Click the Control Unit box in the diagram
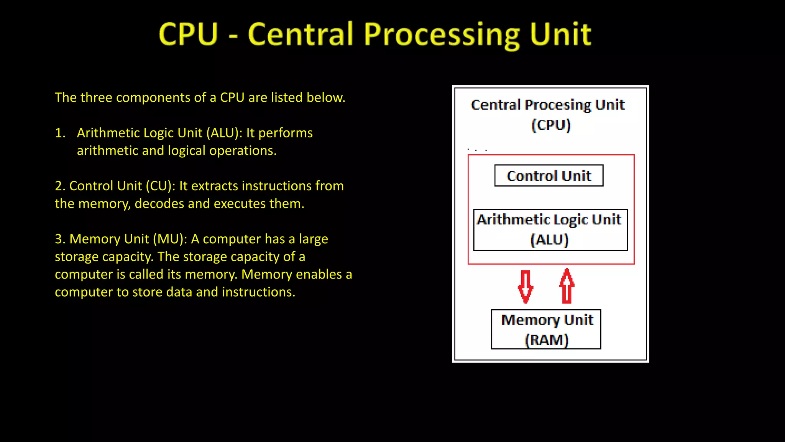[549, 176]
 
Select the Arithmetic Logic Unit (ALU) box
[550, 230]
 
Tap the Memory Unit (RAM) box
[546, 329]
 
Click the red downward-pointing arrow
[526, 287]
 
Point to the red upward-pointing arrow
[567, 286]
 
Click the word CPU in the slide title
[188, 34]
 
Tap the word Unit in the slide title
[560, 34]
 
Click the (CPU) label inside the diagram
[551, 125]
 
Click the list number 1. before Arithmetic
[60, 133]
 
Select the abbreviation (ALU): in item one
[224, 133]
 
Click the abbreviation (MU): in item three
[170, 239]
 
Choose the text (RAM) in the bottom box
[546, 340]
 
